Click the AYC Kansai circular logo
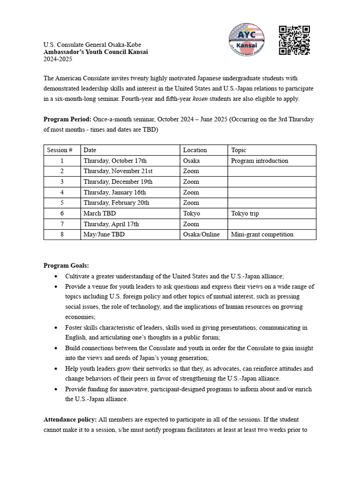point(246,39)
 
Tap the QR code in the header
point(294,40)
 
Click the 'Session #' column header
point(60,150)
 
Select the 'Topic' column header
point(239,150)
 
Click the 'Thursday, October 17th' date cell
point(115,161)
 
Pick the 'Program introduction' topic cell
point(259,161)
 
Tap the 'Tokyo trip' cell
point(245,213)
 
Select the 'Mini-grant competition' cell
point(262,234)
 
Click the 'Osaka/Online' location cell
point(201,234)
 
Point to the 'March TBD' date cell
point(99,213)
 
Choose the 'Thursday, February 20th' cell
point(116,203)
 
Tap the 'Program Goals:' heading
point(66,265)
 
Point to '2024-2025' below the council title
point(58,59)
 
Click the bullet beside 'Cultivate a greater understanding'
point(57,276)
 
